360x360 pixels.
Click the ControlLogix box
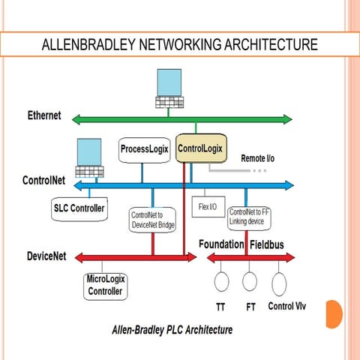pyautogui.click(x=200, y=149)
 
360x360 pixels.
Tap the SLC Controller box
pyautogui.click(x=79, y=207)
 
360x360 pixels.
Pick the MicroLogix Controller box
pyautogui.click(x=105, y=286)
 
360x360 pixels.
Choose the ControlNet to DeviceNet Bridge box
pyautogui.click(x=152, y=220)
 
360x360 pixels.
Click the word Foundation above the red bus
pyautogui.click(x=221, y=244)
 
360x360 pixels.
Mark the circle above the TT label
pyautogui.click(x=221, y=281)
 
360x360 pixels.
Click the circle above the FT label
pyautogui.click(x=250, y=281)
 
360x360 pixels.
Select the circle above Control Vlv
pyautogui.click(x=279, y=284)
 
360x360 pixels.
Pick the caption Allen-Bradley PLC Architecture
pyautogui.click(x=172, y=329)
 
